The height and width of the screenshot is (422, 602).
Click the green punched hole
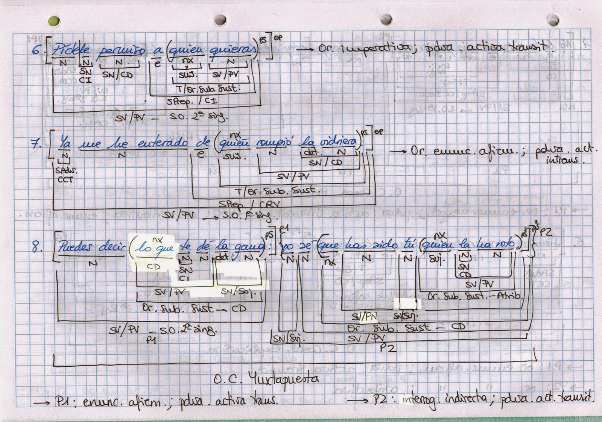54,21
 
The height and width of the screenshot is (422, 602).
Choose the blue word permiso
119,52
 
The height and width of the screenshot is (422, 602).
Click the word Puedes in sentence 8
75,247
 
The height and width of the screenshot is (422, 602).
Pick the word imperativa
382,49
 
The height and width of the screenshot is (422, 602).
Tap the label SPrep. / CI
192,101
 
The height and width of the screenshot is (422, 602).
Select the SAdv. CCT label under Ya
65,175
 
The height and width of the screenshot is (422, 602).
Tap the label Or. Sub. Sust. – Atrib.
475,296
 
